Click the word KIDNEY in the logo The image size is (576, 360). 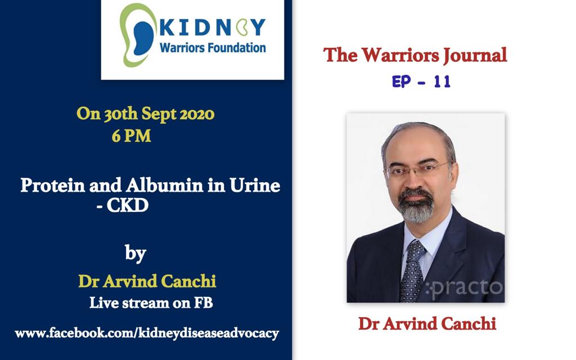click(x=212, y=27)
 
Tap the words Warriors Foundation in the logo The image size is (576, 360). click(x=213, y=48)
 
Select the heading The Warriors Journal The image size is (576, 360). click(x=415, y=56)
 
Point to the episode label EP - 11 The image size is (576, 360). click(x=421, y=82)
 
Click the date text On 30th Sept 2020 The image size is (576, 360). click(x=146, y=114)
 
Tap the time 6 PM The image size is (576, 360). click(x=131, y=136)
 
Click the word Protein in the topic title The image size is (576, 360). click(x=52, y=186)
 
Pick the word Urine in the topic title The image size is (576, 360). click(x=255, y=185)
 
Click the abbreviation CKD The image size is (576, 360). click(x=128, y=205)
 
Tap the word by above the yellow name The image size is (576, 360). click(x=136, y=253)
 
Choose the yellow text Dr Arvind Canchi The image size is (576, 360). click(x=147, y=281)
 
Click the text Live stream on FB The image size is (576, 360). click(x=151, y=303)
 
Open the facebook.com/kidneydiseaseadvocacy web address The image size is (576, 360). click(x=147, y=334)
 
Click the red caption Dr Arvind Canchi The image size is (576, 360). click(x=427, y=323)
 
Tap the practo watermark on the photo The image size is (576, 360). click(x=464, y=289)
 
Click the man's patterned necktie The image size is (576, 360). click(x=413, y=272)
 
